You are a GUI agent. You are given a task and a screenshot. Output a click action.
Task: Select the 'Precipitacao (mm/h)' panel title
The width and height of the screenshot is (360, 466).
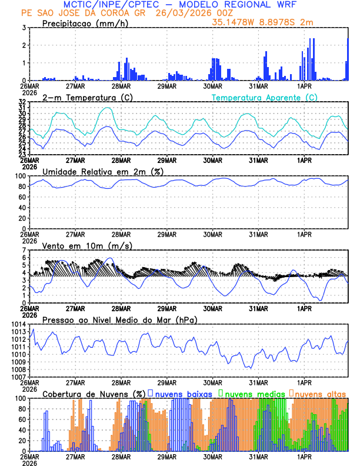(85, 23)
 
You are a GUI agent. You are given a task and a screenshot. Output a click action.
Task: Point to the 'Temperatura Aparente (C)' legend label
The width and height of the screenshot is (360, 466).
(264, 97)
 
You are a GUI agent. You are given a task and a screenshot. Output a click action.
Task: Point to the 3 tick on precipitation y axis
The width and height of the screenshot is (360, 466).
(24, 28)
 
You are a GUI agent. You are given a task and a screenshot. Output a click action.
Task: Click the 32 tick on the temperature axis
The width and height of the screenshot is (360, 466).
(22, 102)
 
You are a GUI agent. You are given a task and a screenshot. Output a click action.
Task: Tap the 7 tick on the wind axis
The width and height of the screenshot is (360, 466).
(24, 250)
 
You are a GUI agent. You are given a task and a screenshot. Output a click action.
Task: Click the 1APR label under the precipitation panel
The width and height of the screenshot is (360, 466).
(304, 86)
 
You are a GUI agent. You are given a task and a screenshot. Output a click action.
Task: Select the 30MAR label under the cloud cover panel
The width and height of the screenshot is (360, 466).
(212, 457)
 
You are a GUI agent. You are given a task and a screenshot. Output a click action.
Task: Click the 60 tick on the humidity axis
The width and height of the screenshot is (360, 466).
(22, 197)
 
